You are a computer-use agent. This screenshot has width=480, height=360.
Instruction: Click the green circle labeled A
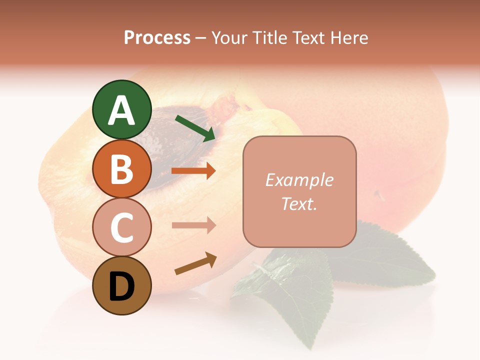121,110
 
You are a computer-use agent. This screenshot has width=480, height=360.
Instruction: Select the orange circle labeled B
121,168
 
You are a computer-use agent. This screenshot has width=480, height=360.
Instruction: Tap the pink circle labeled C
121,227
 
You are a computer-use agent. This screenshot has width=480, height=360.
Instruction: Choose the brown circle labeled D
121,285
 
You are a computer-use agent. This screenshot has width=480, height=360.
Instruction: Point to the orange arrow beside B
193,171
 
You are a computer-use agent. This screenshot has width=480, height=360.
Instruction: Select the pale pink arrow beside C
193,225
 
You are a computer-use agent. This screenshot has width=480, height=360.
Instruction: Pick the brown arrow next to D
195,264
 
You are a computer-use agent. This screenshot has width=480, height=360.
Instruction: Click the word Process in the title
157,38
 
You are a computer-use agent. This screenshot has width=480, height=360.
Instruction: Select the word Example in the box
299,180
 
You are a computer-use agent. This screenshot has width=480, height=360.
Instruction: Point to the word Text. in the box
299,203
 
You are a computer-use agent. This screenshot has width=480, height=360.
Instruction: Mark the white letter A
121,110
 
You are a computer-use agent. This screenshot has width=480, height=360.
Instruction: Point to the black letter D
121,287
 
